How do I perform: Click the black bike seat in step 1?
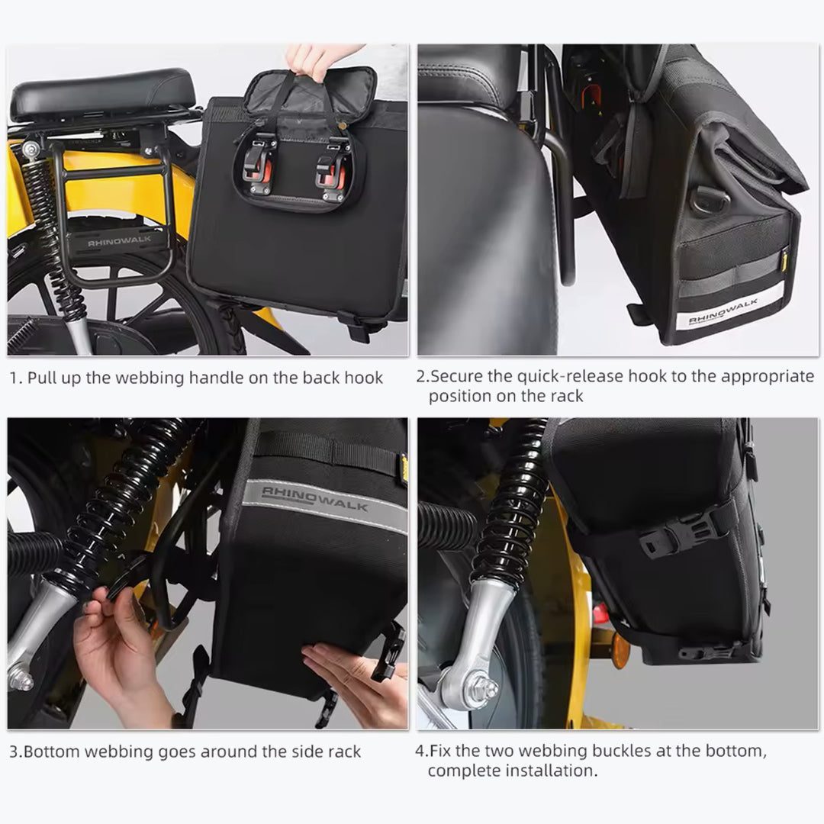pos(102,94)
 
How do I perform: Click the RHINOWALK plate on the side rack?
pos(120,241)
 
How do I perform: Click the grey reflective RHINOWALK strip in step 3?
pos(324,502)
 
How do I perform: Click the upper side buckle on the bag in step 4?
pos(683,531)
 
